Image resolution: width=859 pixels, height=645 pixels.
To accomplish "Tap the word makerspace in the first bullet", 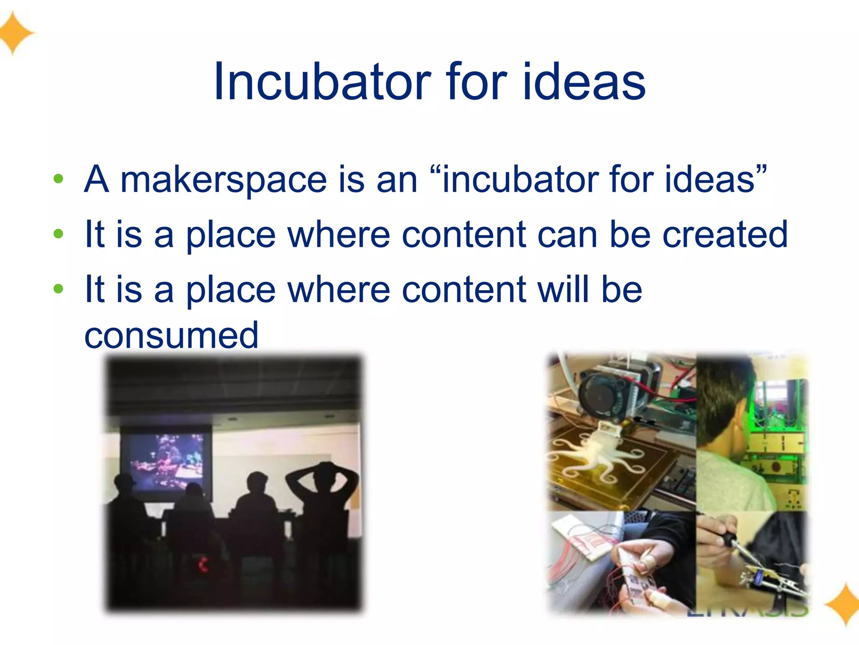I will pos(224,180).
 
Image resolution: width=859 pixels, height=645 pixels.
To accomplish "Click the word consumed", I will pos(171,335).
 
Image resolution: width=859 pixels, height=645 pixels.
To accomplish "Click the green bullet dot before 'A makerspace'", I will pos(59,179).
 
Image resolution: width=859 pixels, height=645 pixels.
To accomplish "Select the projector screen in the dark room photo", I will pos(167,462).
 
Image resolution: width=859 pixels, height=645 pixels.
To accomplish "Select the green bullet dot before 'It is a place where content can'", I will pos(59,234).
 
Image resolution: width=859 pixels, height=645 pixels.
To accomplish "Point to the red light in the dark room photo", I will pos(203,564).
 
